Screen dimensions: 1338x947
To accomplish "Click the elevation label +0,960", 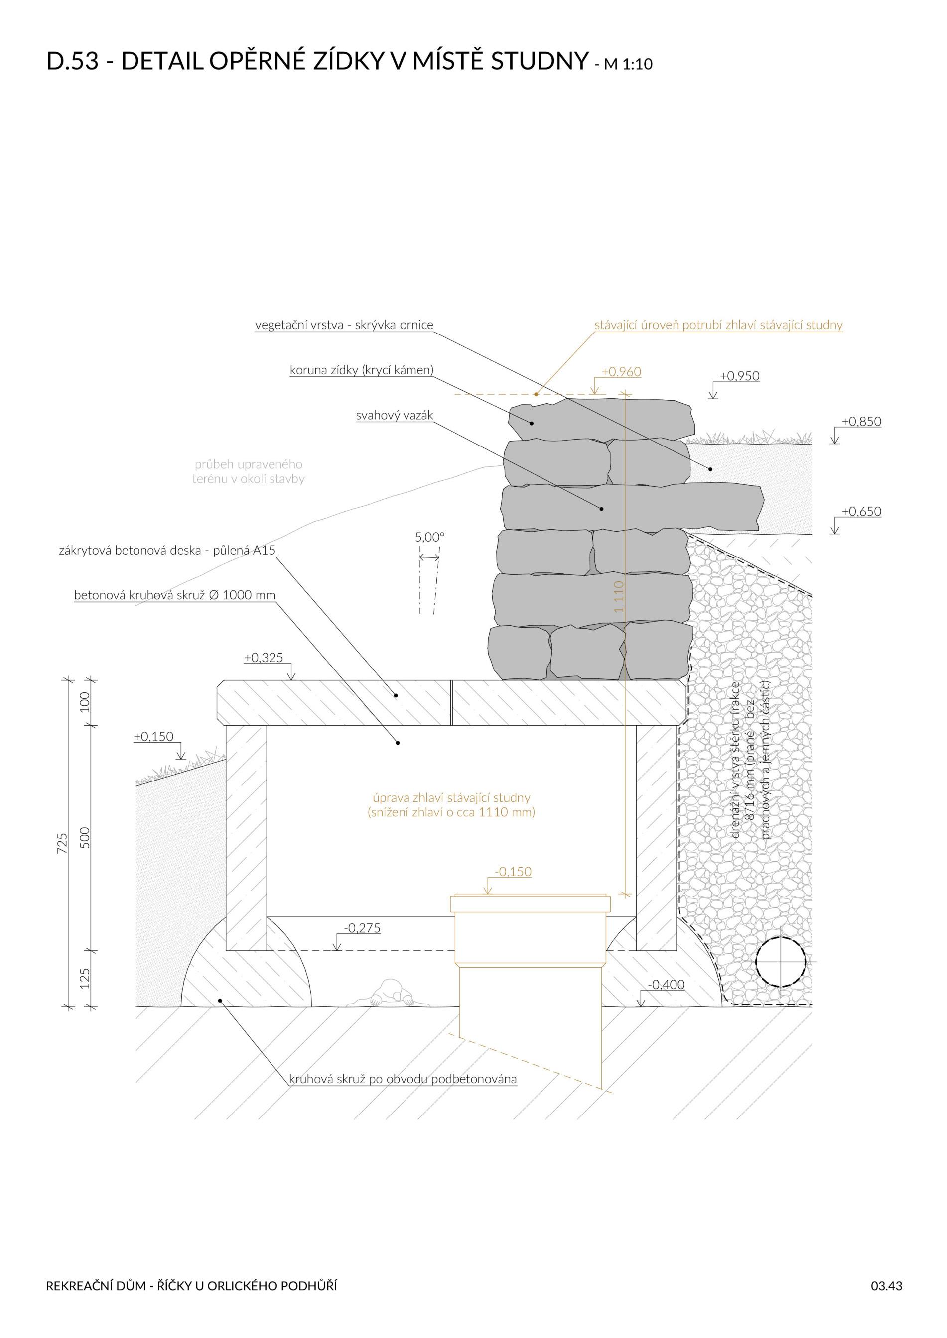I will (621, 372).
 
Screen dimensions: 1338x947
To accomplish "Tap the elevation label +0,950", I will (739, 376).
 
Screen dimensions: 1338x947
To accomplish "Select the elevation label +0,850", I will (861, 421).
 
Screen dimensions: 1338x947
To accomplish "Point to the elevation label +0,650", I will (861, 512).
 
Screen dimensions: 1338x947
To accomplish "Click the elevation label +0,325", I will (264, 658).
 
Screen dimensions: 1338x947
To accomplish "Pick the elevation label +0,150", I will (154, 736).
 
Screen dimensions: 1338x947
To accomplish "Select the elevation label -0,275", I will (362, 928).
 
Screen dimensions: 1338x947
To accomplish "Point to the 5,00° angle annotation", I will (430, 537).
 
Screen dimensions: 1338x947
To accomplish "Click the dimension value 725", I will (62, 843).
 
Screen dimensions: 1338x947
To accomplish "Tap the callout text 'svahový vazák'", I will (395, 416).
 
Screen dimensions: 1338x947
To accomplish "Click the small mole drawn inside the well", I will (391, 994).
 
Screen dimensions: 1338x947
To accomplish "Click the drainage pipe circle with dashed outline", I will (780, 962).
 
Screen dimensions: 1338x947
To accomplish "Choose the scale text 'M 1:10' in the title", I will (628, 64).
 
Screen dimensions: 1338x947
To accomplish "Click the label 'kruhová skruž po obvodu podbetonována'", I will (403, 1079).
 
